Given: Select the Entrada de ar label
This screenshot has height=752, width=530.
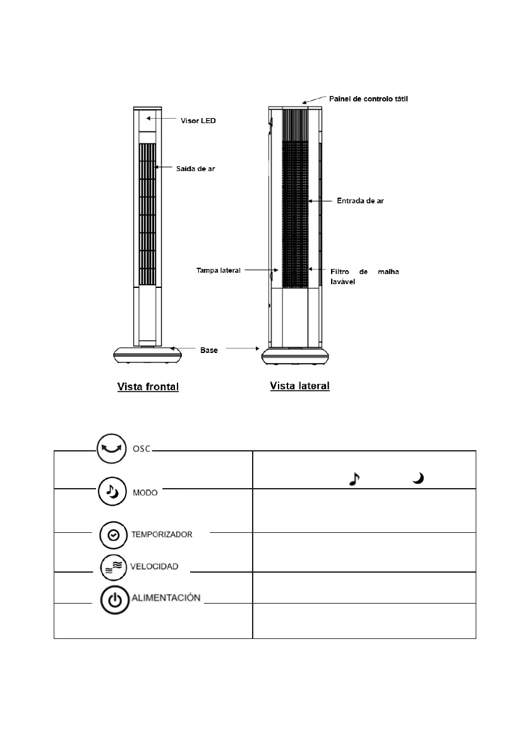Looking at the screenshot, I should (x=359, y=201).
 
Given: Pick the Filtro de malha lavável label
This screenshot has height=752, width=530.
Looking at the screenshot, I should (x=365, y=276).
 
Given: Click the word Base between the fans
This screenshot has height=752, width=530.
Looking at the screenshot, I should (x=209, y=350).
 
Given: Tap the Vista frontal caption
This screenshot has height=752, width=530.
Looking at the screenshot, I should (x=148, y=386).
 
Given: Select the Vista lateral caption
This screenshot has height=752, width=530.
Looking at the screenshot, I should (x=299, y=385).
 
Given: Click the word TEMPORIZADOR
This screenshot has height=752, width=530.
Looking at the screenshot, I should (x=161, y=534).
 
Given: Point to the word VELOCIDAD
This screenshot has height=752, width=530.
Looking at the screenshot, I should (x=155, y=566).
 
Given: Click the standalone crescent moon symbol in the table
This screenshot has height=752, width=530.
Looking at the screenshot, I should (x=417, y=480).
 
